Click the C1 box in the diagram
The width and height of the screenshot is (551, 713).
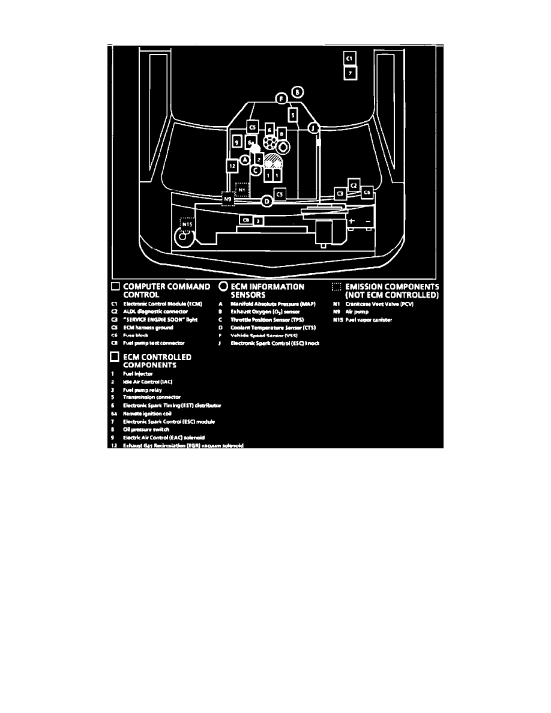pos(351,58)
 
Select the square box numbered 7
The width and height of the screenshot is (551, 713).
pos(351,73)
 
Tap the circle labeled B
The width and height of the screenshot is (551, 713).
pos(298,92)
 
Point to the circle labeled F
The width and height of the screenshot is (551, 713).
pos(281,99)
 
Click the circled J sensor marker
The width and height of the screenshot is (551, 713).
pos(313,127)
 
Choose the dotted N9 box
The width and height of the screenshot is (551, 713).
pos(227,199)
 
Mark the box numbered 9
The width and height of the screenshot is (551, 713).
pos(237,142)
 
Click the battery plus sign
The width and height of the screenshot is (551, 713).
pos(352,221)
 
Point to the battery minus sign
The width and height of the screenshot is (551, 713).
pos(367,221)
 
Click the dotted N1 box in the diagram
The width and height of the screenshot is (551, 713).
pos(242,190)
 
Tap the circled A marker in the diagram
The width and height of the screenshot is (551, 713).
pos(245,159)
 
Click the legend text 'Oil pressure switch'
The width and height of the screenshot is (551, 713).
pos(146,429)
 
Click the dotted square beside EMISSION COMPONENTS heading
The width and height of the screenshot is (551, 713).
pos(337,287)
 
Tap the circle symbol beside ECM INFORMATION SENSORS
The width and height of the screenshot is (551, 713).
pos(224,287)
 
